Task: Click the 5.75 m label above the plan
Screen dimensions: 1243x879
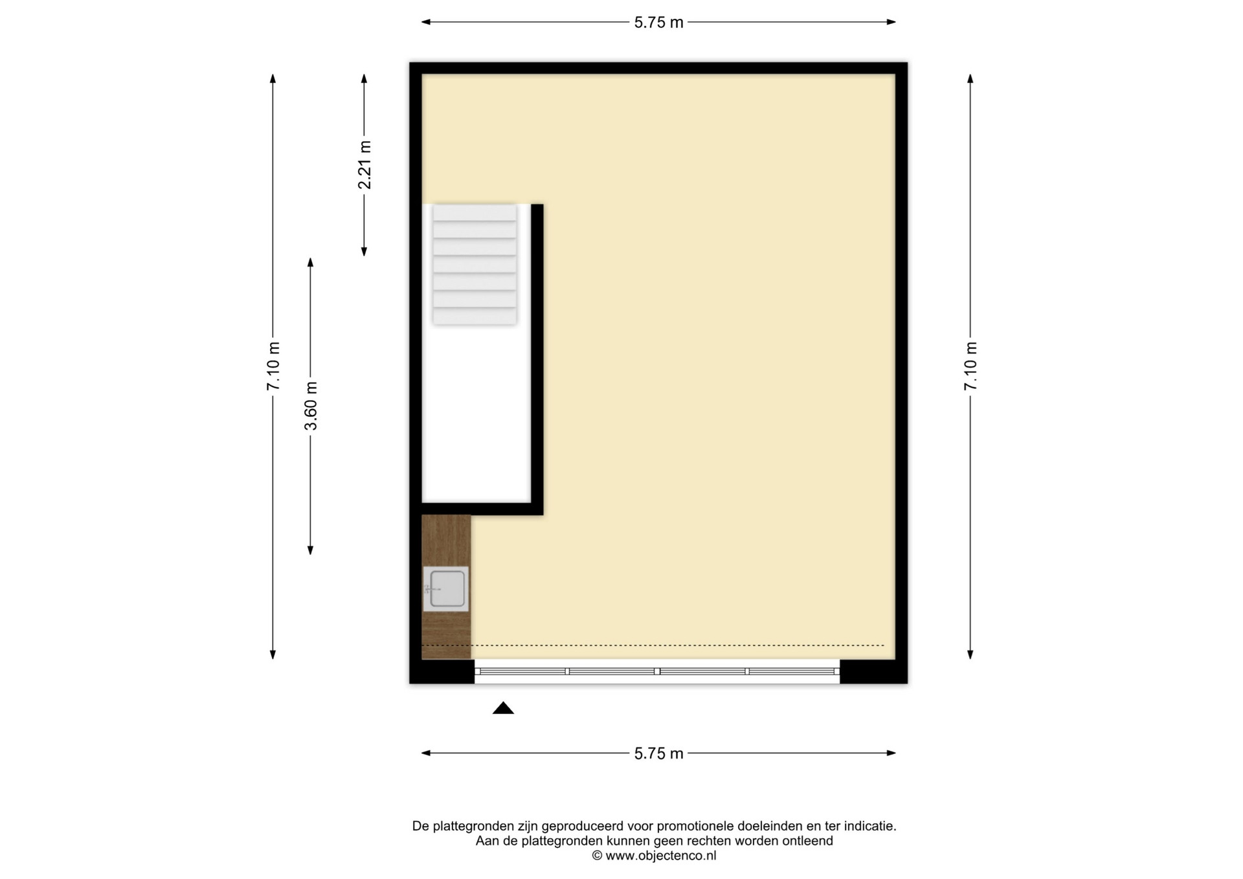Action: click(658, 23)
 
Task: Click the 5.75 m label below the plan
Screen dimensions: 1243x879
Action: click(658, 753)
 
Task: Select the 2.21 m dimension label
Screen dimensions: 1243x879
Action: click(365, 165)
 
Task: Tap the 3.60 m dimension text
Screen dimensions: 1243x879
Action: click(311, 406)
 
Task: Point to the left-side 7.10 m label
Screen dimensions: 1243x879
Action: click(273, 366)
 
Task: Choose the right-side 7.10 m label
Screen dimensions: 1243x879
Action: click(970, 366)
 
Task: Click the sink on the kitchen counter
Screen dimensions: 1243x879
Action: click(446, 589)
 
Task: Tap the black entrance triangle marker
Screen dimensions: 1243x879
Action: click(503, 708)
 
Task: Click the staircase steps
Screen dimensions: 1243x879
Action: click(475, 264)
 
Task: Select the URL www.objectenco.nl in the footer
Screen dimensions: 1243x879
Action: click(660, 856)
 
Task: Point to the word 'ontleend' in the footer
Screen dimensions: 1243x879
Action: click(807, 841)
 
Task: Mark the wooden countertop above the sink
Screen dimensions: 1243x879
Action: click(446, 540)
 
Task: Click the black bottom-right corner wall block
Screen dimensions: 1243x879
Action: click(873, 671)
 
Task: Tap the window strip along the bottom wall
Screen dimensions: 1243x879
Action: click(657, 671)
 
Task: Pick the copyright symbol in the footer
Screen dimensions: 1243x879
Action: click(597, 856)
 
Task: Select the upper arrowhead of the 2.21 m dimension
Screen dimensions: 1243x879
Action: click(364, 78)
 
